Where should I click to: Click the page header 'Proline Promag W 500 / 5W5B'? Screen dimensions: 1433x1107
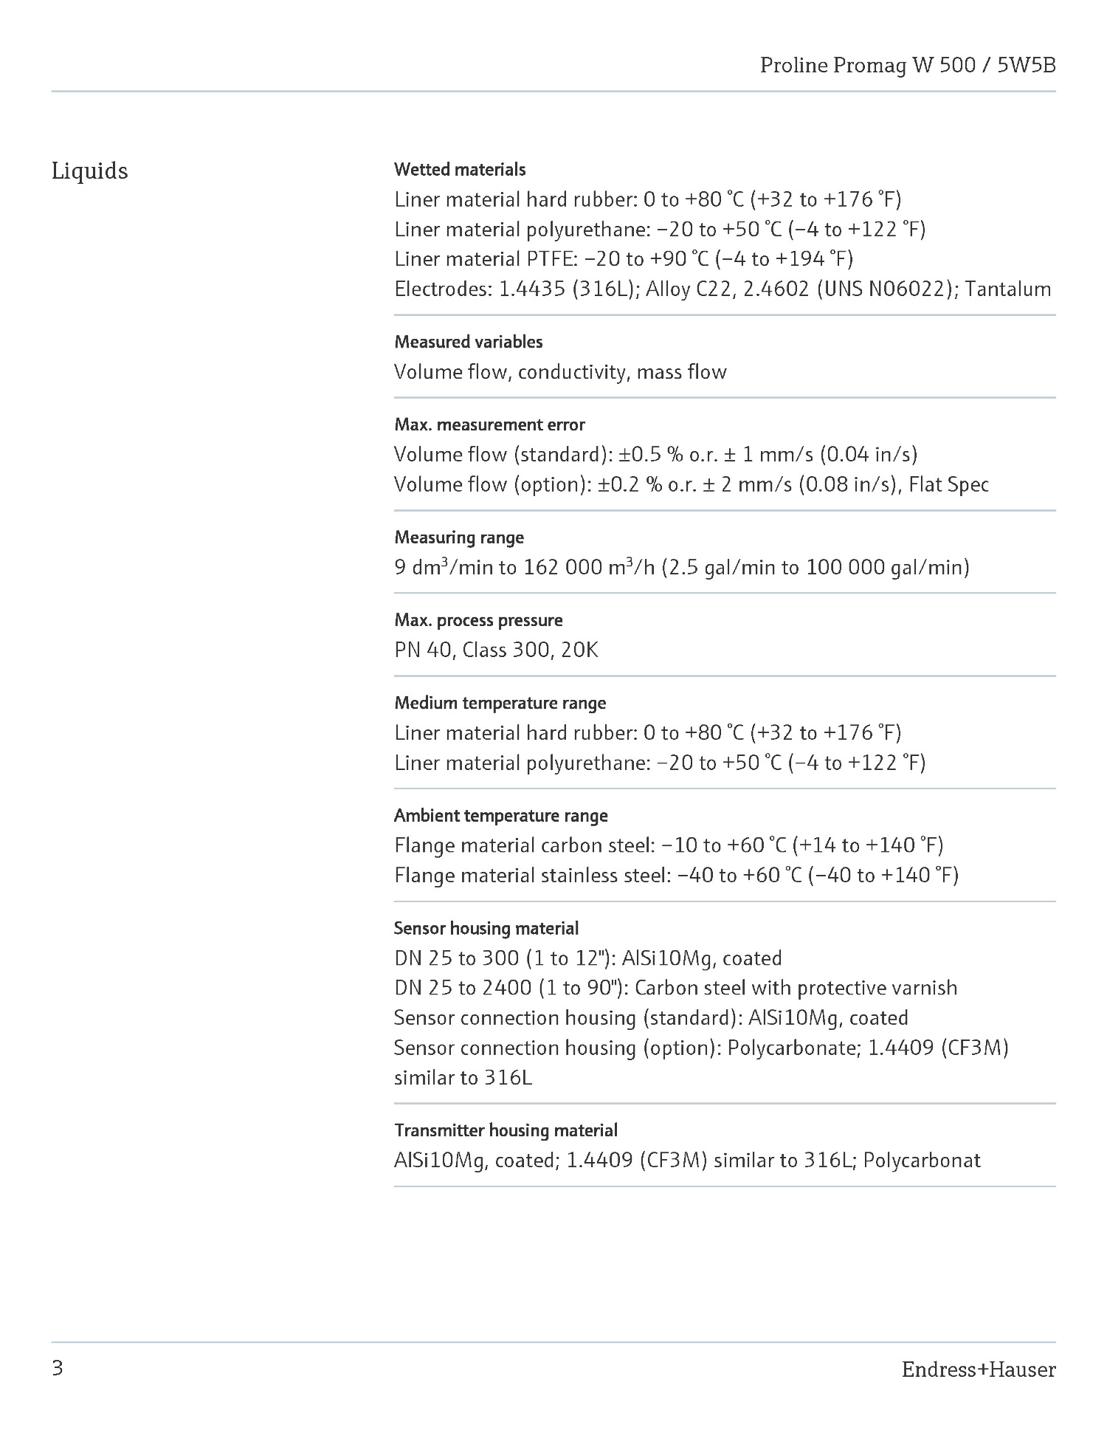click(x=908, y=66)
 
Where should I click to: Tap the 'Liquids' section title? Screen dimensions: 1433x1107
click(x=89, y=171)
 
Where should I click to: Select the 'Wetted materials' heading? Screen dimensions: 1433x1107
click(x=460, y=170)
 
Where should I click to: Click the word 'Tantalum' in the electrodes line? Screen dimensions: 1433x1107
click(x=1007, y=289)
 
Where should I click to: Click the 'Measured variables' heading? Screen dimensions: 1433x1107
click(x=468, y=342)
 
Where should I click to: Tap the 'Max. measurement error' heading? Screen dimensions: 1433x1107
click(x=489, y=425)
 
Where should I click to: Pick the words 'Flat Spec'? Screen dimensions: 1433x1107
click(x=948, y=485)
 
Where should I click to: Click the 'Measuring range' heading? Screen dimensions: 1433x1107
click(x=459, y=537)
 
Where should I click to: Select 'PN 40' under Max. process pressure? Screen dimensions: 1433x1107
click(x=422, y=650)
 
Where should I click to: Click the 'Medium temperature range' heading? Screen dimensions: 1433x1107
click(x=500, y=703)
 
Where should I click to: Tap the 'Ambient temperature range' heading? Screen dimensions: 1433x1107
click(x=500, y=816)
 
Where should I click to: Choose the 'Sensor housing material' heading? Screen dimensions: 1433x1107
click(x=486, y=928)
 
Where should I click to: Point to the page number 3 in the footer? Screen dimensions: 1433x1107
click(x=58, y=1369)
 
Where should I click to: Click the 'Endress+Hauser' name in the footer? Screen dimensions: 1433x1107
click(x=978, y=1370)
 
